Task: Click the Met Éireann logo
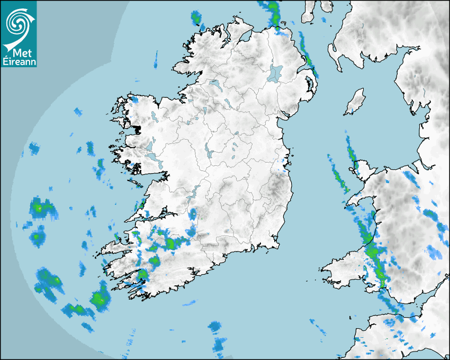(x=19, y=34)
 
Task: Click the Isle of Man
(x=356, y=101)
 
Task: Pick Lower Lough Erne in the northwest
(x=214, y=84)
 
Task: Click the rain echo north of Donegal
(x=197, y=18)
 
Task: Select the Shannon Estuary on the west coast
(x=154, y=215)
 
